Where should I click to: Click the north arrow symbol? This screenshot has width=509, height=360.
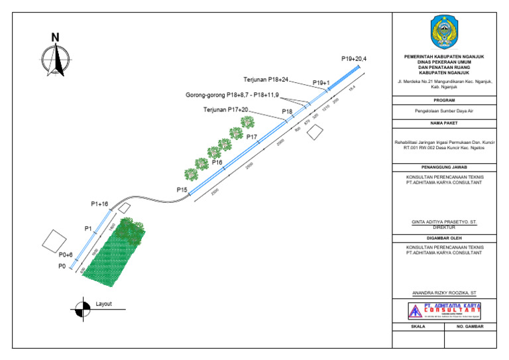[x=59, y=56]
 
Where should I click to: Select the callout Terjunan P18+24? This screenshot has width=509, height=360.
[x=266, y=80]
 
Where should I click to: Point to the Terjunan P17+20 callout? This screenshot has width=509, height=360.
[x=225, y=109]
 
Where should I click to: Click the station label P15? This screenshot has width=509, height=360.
[x=182, y=190]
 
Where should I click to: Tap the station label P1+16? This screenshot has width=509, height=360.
[x=99, y=204]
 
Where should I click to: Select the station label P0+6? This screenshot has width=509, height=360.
[x=66, y=255]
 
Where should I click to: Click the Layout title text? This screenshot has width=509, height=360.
[x=104, y=304]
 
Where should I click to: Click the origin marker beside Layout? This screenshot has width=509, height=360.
[x=82, y=308]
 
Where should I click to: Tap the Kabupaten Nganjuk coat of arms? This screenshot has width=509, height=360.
[x=443, y=32]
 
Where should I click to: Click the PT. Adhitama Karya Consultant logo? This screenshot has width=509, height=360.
[x=443, y=310]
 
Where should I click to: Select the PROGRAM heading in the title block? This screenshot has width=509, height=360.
[x=443, y=100]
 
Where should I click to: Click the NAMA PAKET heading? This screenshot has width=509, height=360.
[x=443, y=124]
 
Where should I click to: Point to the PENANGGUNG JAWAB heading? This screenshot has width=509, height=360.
[x=443, y=168]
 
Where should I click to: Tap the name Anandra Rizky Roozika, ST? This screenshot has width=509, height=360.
[x=443, y=293]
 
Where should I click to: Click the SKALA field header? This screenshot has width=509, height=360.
[x=418, y=327]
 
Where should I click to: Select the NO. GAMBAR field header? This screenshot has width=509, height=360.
[x=469, y=327]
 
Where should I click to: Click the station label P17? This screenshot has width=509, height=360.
[x=252, y=137]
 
